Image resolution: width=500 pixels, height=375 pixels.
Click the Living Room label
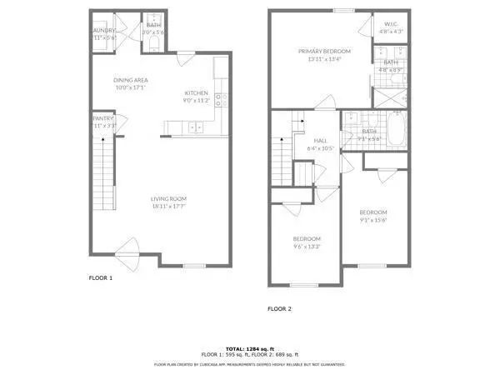(168, 198)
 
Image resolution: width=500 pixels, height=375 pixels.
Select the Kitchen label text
(197, 93)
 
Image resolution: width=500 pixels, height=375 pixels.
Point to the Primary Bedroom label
(324, 52)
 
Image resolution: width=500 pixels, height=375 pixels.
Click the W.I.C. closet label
(390, 25)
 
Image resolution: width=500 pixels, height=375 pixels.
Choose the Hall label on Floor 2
(319, 140)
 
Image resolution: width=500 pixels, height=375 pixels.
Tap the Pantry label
(103, 118)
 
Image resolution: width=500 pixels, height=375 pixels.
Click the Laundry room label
(104, 31)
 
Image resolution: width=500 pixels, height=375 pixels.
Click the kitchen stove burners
(221, 99)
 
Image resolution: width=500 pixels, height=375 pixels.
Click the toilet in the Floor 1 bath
(154, 44)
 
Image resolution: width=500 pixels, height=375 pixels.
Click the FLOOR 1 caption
(100, 277)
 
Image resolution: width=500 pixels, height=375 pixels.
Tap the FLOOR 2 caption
(279, 308)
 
